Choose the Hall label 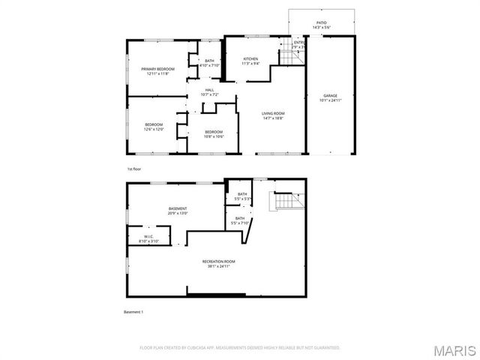(x=209, y=92)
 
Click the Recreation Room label (x=217, y=262)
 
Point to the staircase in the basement (x=286, y=202)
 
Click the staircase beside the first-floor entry (x=291, y=56)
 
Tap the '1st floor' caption (x=133, y=170)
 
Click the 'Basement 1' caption (x=133, y=311)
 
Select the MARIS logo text (x=454, y=349)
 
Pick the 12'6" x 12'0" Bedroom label (x=154, y=127)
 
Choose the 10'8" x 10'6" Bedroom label (x=214, y=134)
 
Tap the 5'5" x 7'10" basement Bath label (x=239, y=220)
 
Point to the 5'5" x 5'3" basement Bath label (x=242, y=196)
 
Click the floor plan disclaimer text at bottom (x=240, y=347)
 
